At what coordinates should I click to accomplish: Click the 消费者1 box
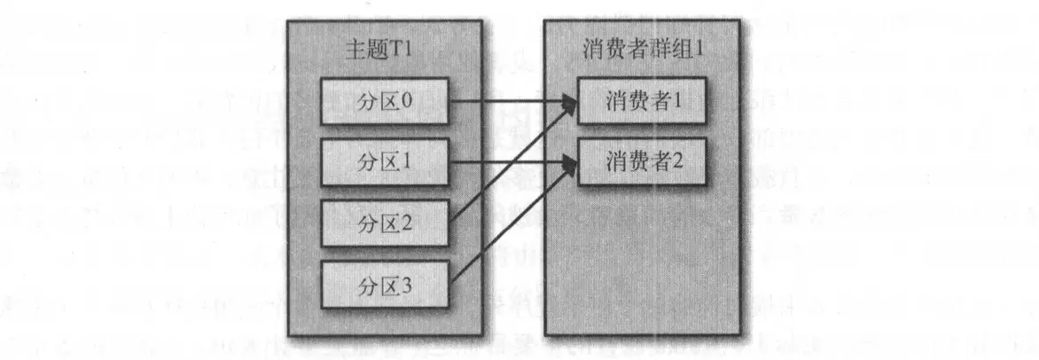pyautogui.click(x=643, y=100)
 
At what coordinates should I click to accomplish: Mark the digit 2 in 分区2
pyautogui.click(x=406, y=222)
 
